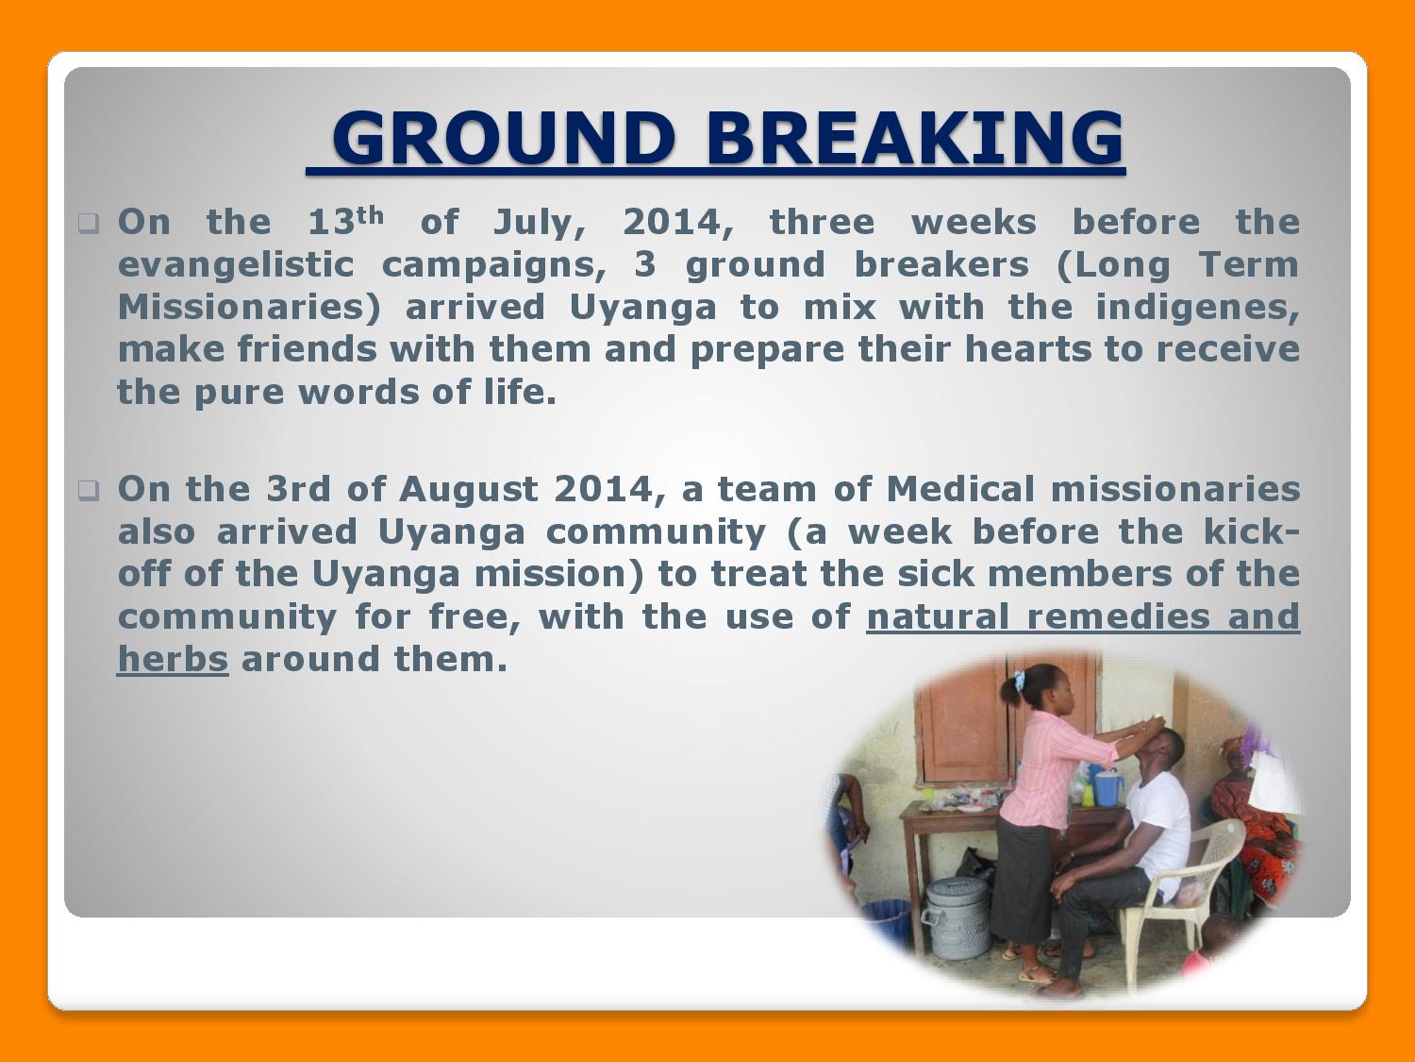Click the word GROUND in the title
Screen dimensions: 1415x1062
(504, 138)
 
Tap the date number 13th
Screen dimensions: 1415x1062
(345, 221)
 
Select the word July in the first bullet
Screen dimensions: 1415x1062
(539, 223)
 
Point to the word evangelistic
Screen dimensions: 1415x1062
(236, 265)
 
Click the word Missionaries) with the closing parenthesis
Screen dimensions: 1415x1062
(249, 308)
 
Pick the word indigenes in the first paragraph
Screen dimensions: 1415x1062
(1197, 308)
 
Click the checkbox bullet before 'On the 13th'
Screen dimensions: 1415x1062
(89, 223)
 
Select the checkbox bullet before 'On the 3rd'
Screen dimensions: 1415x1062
(89, 491)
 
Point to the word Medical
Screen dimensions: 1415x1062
(960, 489)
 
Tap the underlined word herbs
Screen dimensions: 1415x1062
(173, 659)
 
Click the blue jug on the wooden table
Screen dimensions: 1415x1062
(1107, 787)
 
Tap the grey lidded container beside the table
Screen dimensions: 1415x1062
(957, 918)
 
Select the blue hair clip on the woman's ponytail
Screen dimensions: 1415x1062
(1019, 680)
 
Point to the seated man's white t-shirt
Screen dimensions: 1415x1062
(1160, 822)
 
